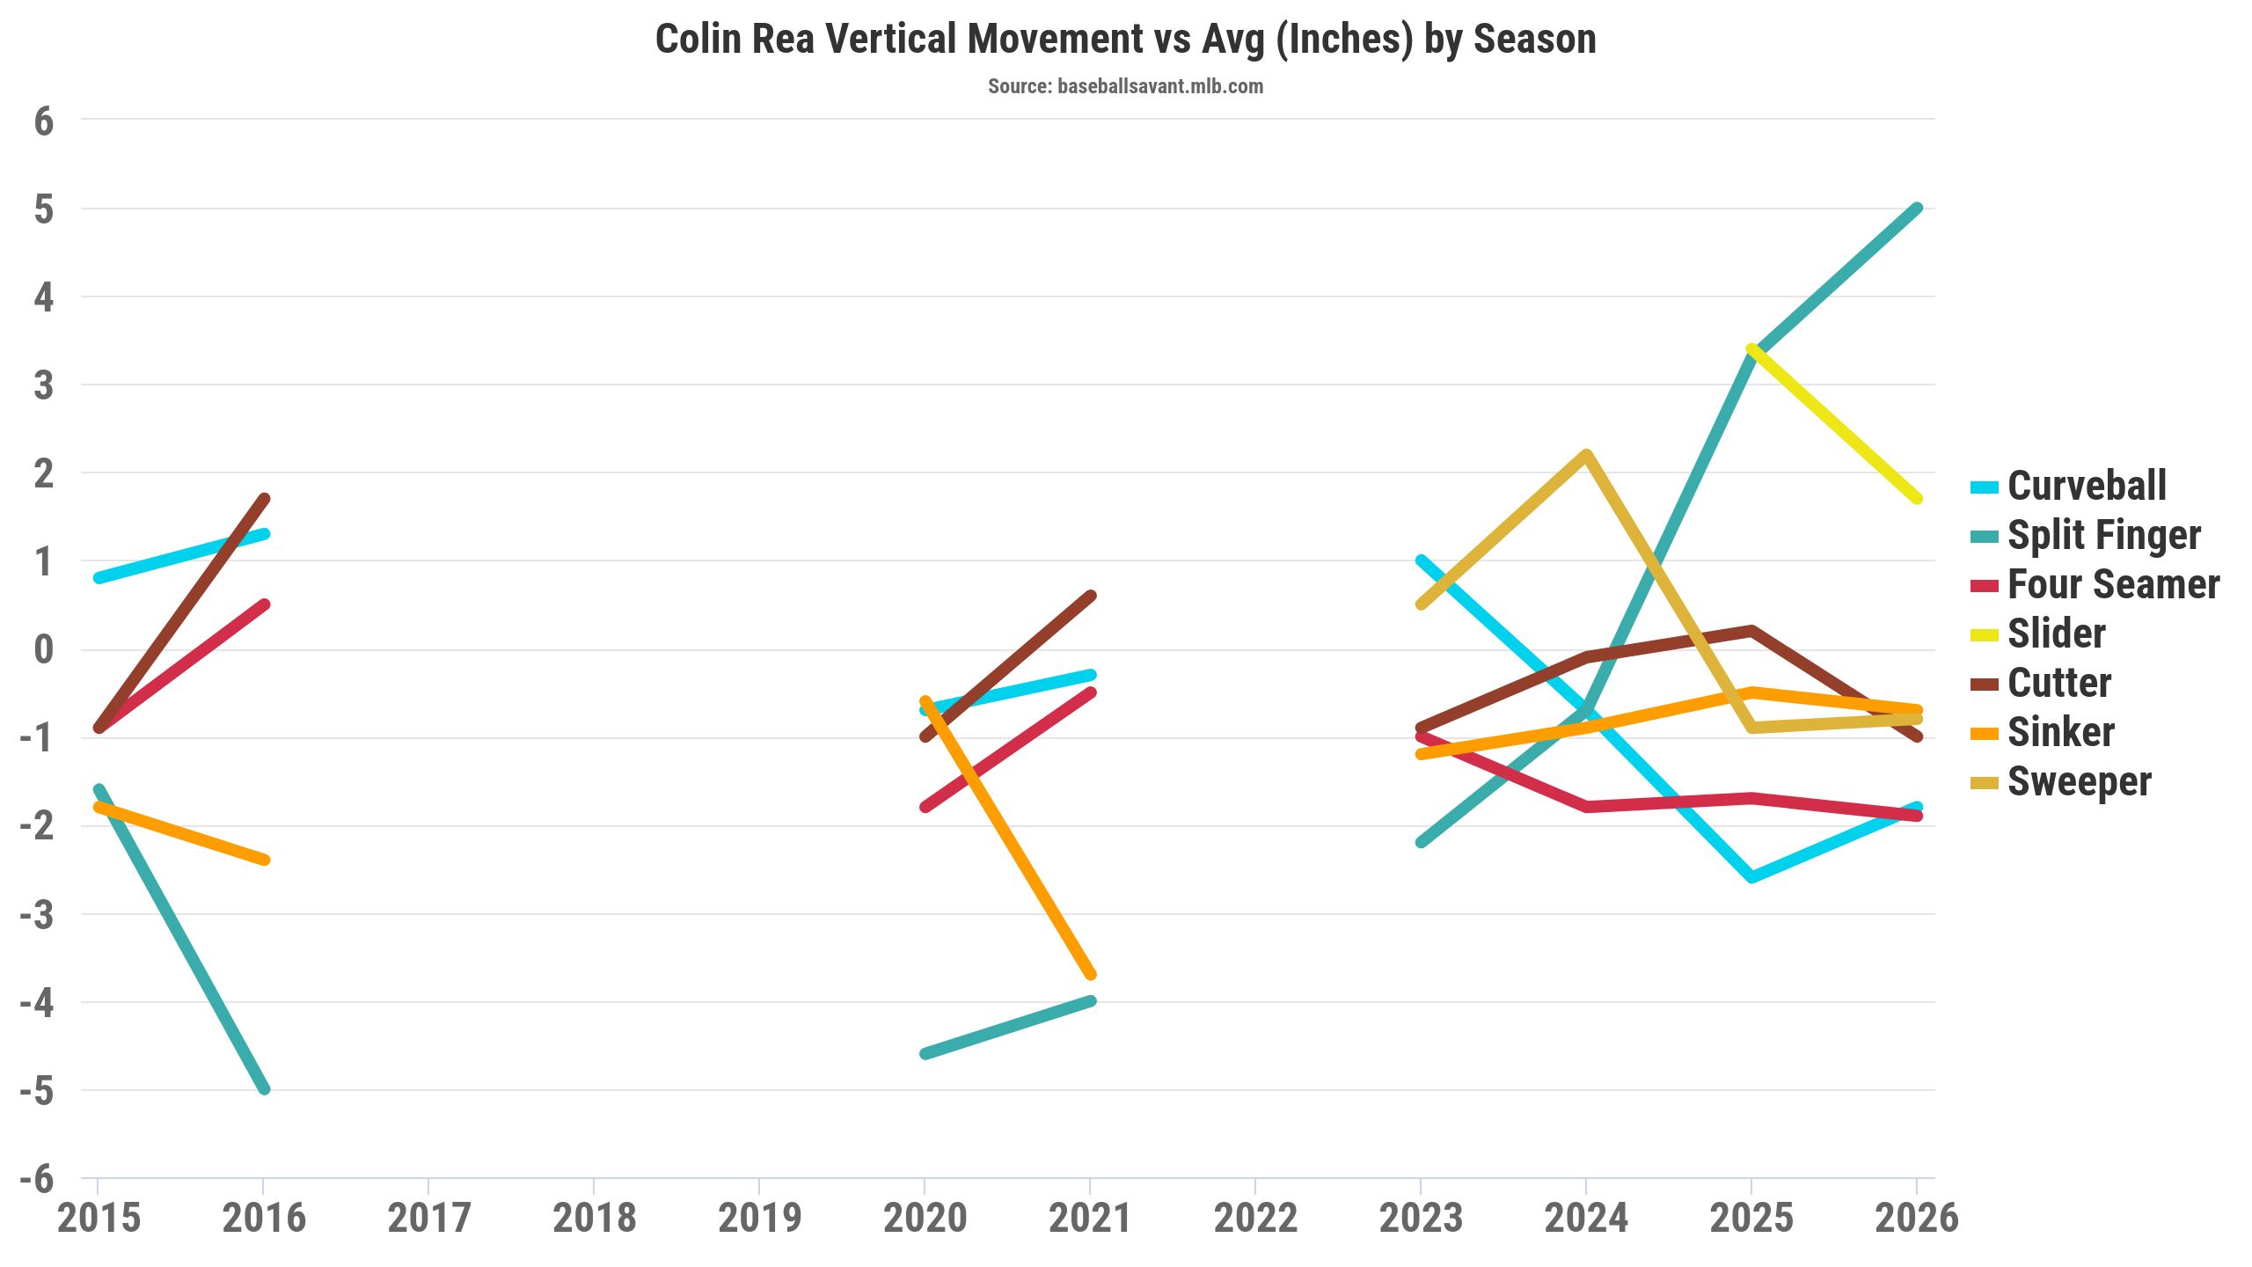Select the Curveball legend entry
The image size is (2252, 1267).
coord(2086,486)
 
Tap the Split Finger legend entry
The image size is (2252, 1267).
coord(2103,535)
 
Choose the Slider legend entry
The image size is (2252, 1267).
coord(2056,633)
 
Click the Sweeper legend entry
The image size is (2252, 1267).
coord(2079,781)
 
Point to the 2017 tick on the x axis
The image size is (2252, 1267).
coord(428,1218)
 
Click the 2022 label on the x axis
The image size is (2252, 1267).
coord(1255,1218)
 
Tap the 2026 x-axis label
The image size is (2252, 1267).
coord(1917,1218)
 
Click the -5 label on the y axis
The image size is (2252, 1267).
coord(37,1091)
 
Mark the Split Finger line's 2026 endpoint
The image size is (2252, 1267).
coord(1917,209)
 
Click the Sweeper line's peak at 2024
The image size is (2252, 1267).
coord(1586,455)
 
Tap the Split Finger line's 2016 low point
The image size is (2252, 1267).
coord(263,1089)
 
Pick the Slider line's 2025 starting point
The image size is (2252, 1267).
coord(1751,349)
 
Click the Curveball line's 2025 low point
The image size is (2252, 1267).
coord(1751,877)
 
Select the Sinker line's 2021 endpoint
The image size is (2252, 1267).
coord(1090,974)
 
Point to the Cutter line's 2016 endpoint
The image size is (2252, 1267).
coord(263,499)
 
